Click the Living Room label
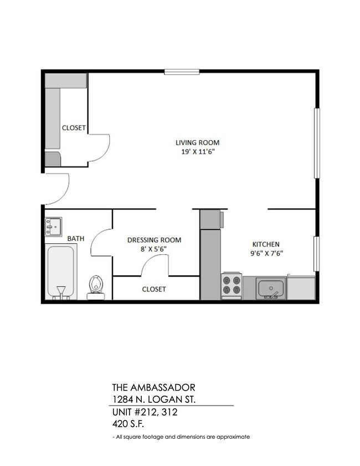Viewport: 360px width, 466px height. tap(193, 142)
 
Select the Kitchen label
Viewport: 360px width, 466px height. tap(266, 244)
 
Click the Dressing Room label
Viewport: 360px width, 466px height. tap(154, 240)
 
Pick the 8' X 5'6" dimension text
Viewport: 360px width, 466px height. tap(154, 249)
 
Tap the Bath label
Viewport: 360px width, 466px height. tap(76, 239)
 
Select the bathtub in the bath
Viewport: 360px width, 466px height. tap(60, 272)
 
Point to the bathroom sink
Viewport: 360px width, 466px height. tap(54, 226)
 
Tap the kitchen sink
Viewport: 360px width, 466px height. tap(271, 289)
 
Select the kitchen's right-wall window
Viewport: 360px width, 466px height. tap(317, 254)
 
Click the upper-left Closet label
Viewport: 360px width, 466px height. tap(74, 127)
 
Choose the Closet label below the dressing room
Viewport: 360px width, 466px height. tap(154, 289)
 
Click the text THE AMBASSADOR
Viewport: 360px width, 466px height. tap(153, 387)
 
